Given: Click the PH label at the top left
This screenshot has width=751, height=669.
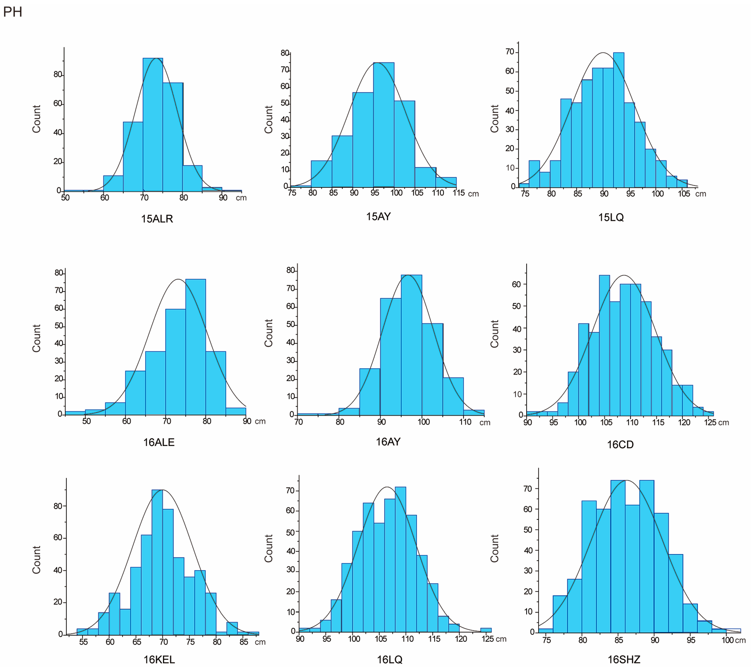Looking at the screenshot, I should (12, 12).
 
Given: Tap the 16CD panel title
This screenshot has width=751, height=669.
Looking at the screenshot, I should (620, 445).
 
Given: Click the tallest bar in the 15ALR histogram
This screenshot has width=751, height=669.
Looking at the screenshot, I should (153, 125).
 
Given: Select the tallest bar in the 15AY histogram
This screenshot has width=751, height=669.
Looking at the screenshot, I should (384, 125).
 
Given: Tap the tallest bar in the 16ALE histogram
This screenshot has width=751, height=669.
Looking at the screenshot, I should (196, 347).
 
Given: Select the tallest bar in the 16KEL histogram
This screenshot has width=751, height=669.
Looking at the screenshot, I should (157, 562).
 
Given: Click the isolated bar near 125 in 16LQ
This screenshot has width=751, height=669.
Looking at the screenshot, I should (486, 630).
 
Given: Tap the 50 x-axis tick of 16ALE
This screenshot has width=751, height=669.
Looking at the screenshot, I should (86, 421).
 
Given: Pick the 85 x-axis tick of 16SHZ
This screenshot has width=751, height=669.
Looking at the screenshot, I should (619, 640).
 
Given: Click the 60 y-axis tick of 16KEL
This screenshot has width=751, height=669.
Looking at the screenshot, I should (58, 538).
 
